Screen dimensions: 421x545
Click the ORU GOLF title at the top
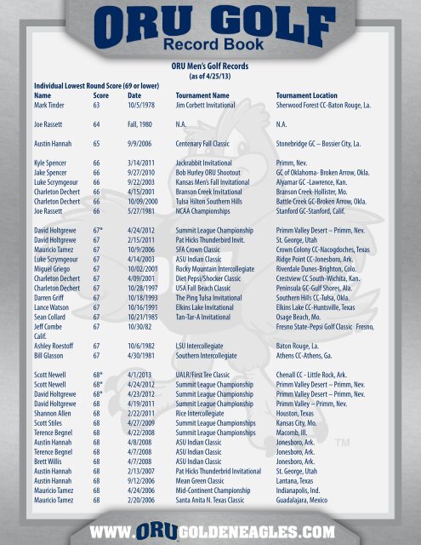(x=211, y=23)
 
